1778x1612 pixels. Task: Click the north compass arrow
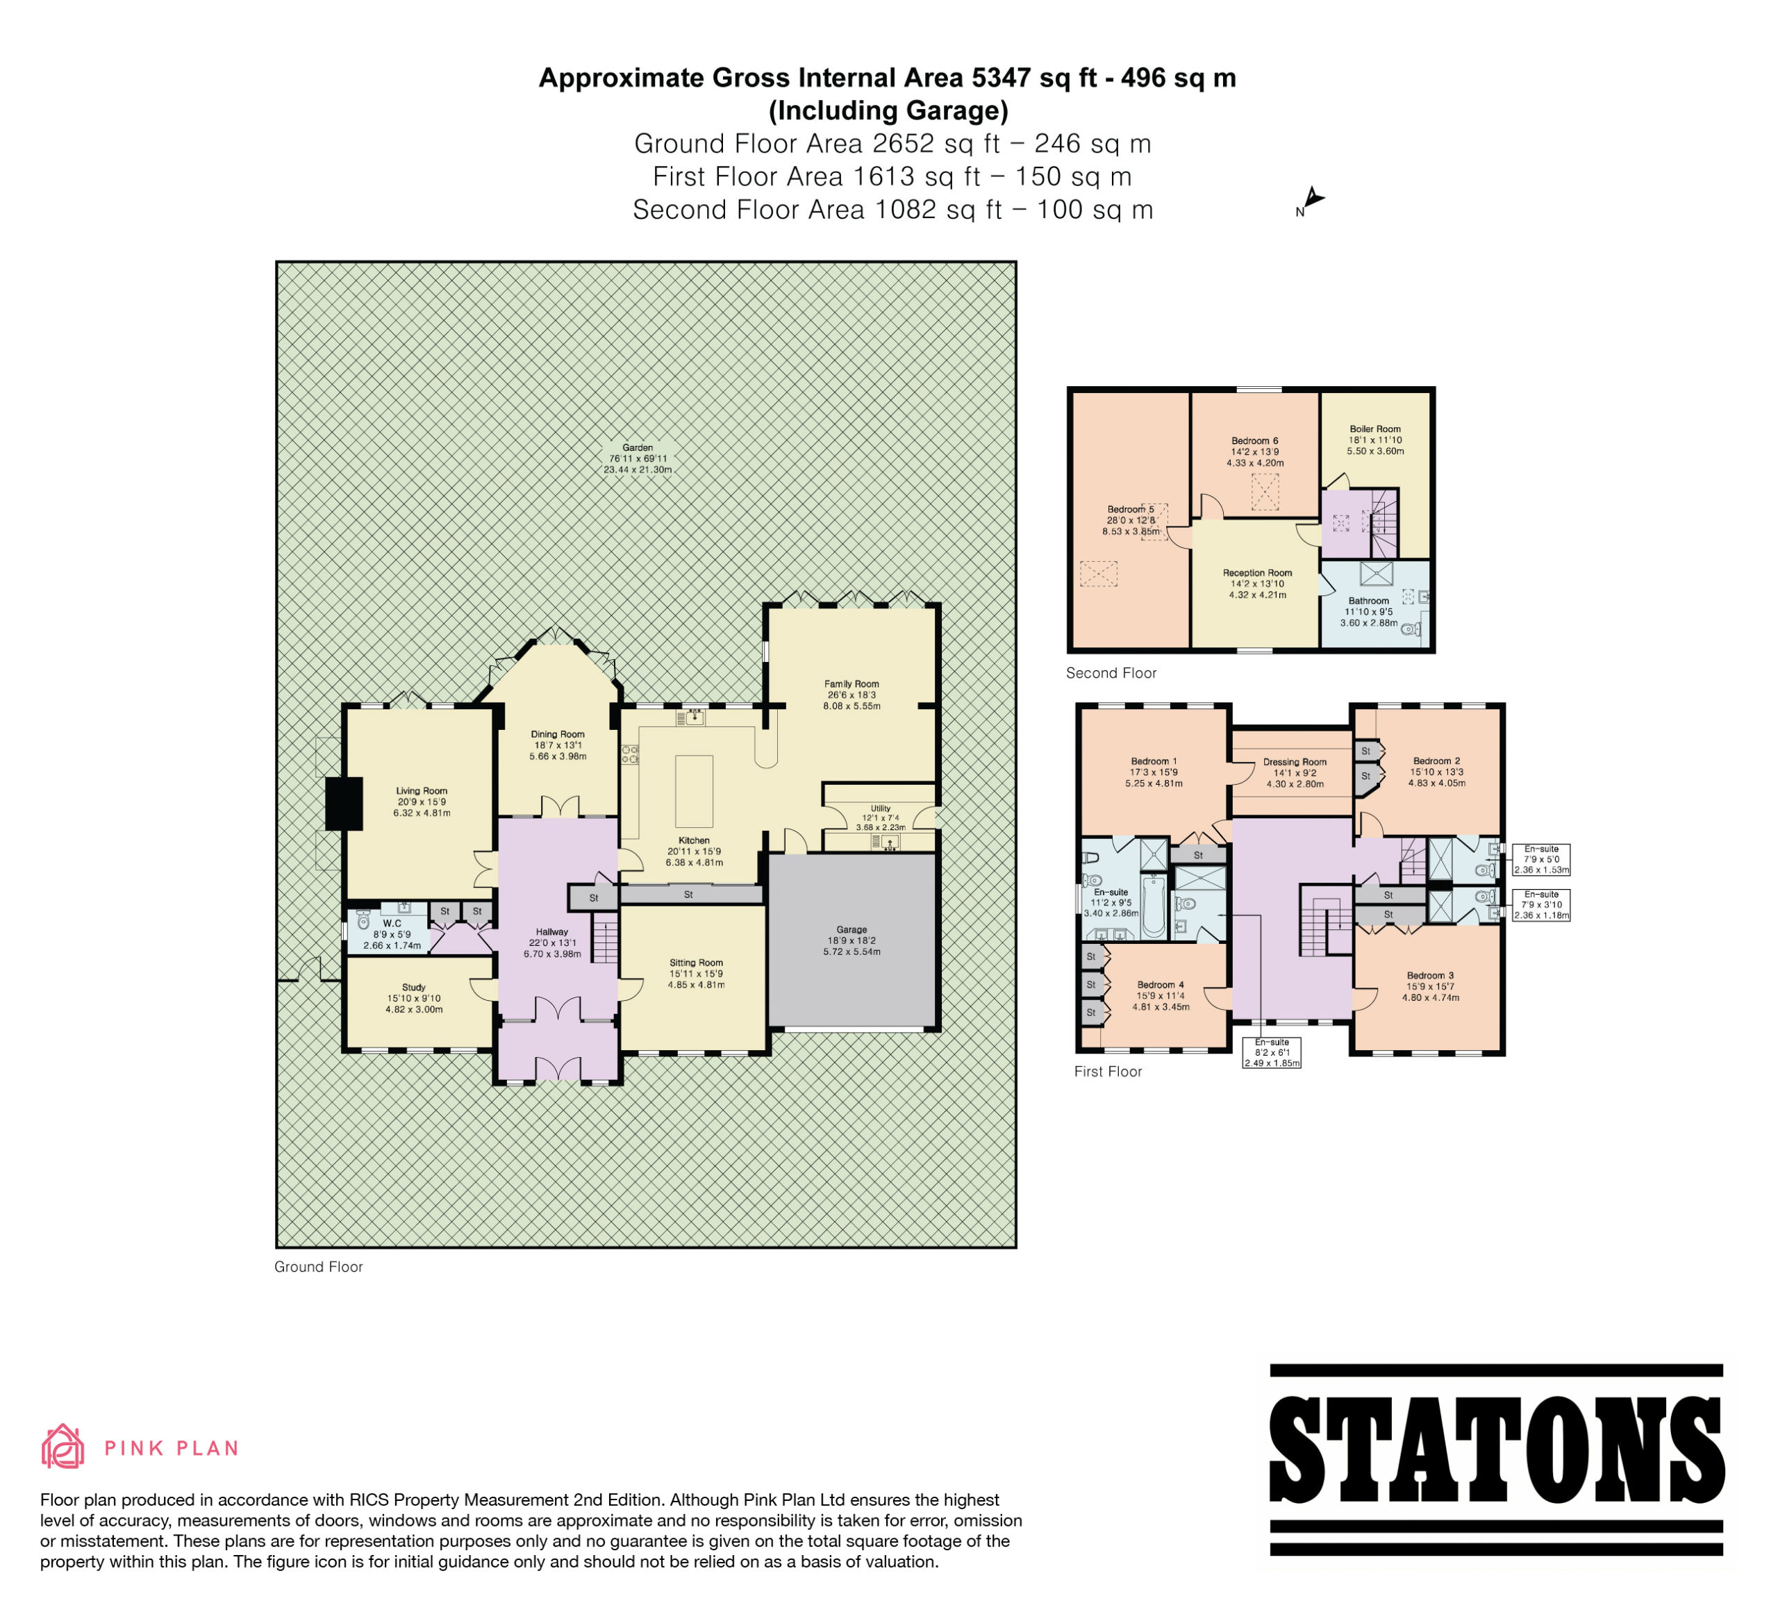click(x=1313, y=199)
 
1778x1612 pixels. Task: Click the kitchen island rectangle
click(x=694, y=791)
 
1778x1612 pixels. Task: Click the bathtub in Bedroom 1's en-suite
click(x=1154, y=906)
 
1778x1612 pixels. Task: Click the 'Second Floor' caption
click(x=1111, y=673)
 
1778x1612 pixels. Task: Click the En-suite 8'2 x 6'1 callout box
click(x=1272, y=1053)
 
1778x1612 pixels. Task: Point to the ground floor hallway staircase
click(x=605, y=938)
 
